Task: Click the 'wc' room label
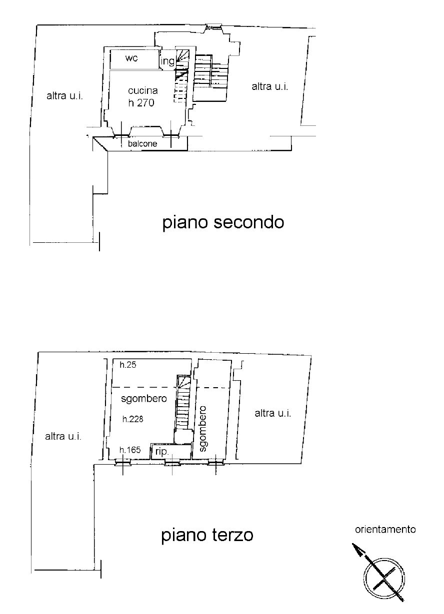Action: (x=131, y=58)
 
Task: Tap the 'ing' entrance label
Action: (x=167, y=61)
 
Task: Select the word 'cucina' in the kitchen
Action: (x=142, y=90)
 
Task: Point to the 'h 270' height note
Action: (x=141, y=103)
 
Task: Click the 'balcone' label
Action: (x=142, y=143)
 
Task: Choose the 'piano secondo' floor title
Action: (x=223, y=223)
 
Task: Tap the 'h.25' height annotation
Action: (x=128, y=365)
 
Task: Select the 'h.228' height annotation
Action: (x=133, y=419)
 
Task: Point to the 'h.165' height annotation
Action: (x=130, y=450)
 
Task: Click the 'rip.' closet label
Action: (x=161, y=452)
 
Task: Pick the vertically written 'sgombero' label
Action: (x=202, y=429)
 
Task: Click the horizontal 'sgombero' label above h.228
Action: (x=144, y=399)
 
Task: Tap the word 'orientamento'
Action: (x=385, y=529)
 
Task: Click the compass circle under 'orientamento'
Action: (x=384, y=579)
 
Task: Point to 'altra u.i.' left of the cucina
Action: (x=64, y=96)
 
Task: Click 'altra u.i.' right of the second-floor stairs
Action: (x=269, y=86)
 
